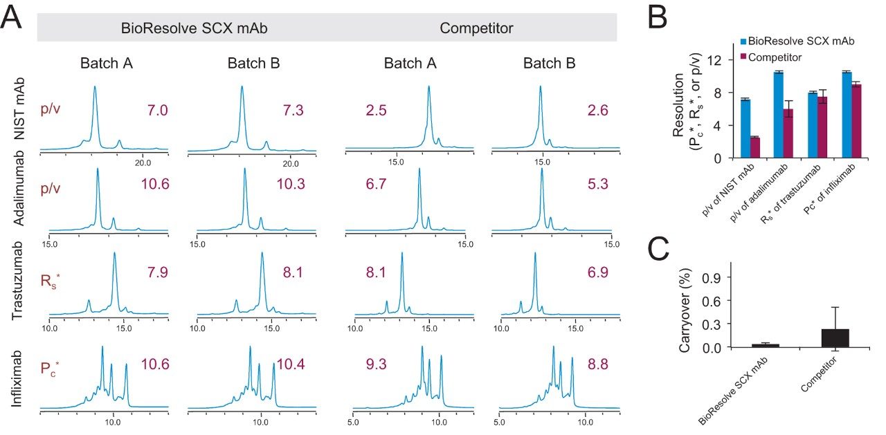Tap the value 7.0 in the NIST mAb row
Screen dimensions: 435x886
tap(158, 110)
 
